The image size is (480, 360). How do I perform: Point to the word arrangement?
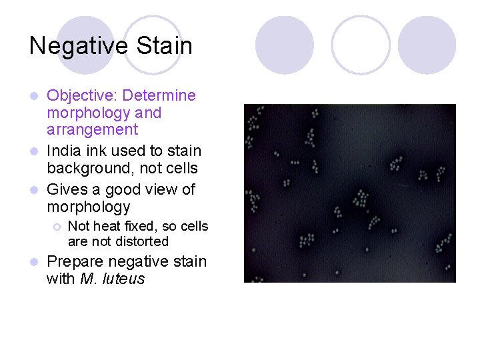93,130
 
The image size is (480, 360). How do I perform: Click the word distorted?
141,241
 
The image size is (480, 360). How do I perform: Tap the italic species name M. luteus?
112,279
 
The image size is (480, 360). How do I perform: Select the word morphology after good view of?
89,207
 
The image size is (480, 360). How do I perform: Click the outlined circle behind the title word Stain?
153,44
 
